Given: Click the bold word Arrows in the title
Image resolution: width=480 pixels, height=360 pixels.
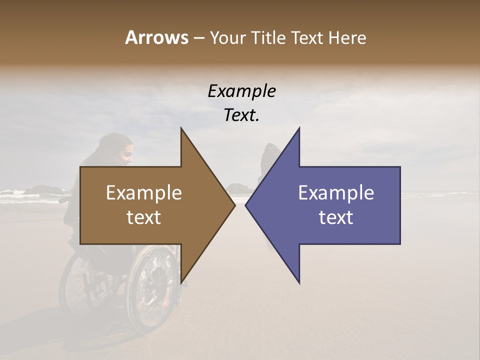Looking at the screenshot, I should [156, 38].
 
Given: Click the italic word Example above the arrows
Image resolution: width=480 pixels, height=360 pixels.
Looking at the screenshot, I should [241, 91].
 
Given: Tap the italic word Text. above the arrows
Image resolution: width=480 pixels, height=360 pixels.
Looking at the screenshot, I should [241, 115].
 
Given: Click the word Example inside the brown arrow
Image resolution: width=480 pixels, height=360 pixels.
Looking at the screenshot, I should [144, 193].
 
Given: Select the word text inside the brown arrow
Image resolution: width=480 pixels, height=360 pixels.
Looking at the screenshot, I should [144, 217].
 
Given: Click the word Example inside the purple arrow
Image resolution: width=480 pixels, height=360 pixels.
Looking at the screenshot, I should [336, 193].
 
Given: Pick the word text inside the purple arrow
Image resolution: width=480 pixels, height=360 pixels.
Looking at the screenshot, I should [336, 217].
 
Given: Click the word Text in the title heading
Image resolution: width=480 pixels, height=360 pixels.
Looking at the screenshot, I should [306, 38].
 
